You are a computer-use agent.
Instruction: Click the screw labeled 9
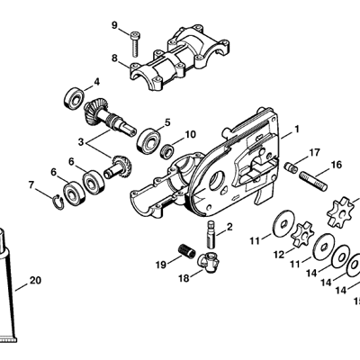click(x=134, y=44)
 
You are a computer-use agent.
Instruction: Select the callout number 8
click(x=114, y=58)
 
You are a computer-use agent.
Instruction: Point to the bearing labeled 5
click(x=149, y=140)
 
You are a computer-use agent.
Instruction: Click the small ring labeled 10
click(x=167, y=151)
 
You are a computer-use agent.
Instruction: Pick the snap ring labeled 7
click(x=58, y=202)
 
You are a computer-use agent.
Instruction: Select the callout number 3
click(x=80, y=142)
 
